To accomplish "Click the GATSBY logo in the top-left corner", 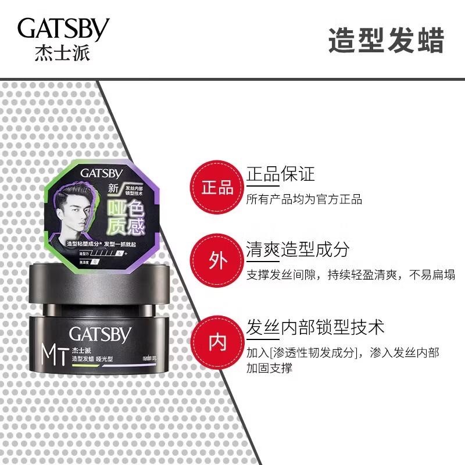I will coord(63,29).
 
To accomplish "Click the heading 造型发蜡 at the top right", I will coord(386,41).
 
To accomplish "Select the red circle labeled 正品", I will coord(217,187).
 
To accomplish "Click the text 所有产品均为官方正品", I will coord(304,199).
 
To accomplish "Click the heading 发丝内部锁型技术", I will coord(315,327).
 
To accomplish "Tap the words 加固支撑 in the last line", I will coord(269,367).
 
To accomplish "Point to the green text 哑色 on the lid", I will coord(128,206).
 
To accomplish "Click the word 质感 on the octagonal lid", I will coord(128,224).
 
